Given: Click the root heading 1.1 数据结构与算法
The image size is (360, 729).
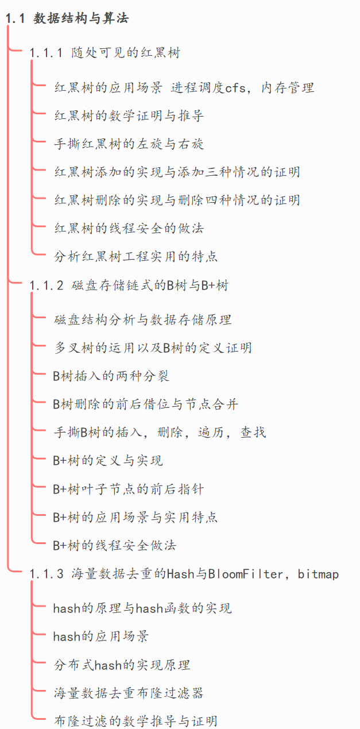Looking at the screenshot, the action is [x=67, y=18].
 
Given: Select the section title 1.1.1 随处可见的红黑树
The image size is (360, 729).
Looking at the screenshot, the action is [x=105, y=53].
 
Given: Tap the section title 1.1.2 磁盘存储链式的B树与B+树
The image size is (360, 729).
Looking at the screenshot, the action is [x=129, y=286].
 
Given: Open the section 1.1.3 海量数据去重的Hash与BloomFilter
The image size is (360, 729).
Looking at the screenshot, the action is [x=184, y=574].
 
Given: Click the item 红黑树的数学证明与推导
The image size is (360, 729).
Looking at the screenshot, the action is [x=129, y=116].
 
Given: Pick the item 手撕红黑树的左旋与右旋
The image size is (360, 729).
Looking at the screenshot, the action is [x=129, y=144].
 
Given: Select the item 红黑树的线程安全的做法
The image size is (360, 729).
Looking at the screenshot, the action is [x=129, y=229].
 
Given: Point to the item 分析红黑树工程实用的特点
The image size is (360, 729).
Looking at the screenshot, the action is [x=136, y=257].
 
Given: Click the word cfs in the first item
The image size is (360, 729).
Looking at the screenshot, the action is [x=235, y=88].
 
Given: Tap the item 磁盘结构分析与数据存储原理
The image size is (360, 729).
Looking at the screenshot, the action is [x=142, y=319].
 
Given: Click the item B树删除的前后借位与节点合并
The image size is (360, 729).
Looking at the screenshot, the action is [x=145, y=404].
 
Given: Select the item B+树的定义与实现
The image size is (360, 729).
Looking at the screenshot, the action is [x=108, y=461].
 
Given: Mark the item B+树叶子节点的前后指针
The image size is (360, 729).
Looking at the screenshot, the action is [x=128, y=489].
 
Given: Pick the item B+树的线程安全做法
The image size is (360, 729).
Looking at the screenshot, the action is [x=114, y=545].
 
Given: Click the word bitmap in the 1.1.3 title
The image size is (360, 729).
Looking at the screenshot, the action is [x=318, y=574].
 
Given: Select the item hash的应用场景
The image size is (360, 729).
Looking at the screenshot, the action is [x=101, y=636].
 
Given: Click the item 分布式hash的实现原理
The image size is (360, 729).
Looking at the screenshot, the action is [x=122, y=665].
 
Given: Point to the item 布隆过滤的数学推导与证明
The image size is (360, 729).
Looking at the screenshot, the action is [x=136, y=721].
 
